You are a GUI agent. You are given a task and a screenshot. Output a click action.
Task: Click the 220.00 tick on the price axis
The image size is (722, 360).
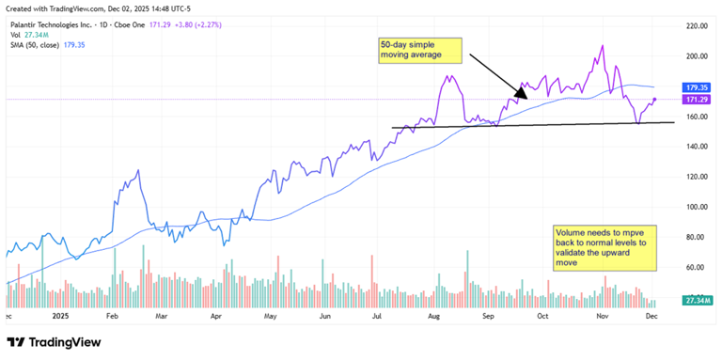click(696, 26)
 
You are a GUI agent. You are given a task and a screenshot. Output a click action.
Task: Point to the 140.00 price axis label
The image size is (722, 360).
click(696, 147)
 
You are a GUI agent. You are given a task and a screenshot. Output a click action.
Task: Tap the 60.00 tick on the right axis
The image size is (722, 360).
click(696, 267)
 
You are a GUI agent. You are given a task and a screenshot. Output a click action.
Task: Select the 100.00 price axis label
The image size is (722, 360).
click(696, 207)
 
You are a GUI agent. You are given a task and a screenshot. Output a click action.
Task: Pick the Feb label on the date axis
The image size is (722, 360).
click(111, 317)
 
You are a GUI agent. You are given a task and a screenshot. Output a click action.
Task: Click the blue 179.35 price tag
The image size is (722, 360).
click(697, 87)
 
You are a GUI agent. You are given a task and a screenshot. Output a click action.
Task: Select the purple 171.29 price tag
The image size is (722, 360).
click(697, 100)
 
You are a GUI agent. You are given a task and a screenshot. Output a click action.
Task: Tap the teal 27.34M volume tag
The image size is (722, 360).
click(697, 301)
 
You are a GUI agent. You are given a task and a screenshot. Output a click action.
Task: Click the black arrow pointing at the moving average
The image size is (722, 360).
click(499, 76)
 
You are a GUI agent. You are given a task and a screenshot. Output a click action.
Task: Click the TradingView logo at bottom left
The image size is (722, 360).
click(56, 342)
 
